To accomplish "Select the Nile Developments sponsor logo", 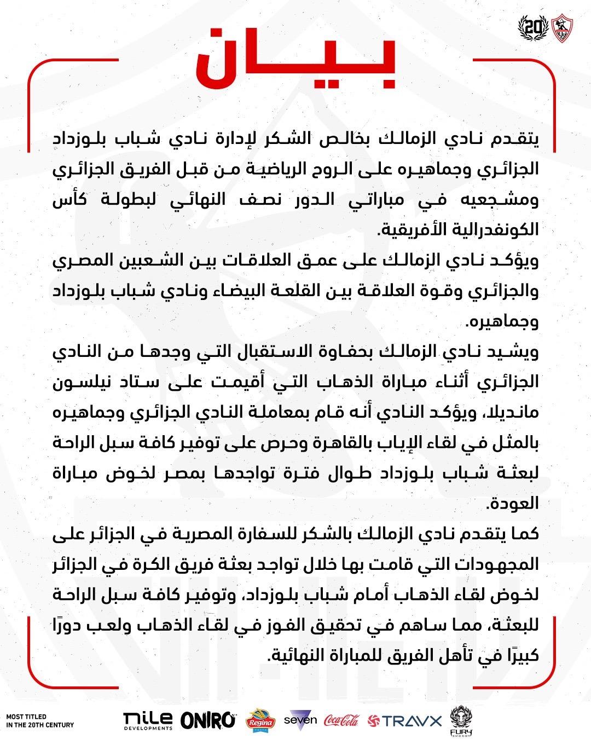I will tap(148, 720).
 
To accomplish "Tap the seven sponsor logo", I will tap(300, 719).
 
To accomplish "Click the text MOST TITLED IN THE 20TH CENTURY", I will tap(39, 720).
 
